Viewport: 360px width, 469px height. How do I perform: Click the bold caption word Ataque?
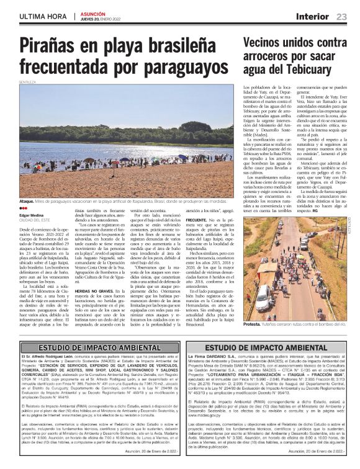click(27, 202)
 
